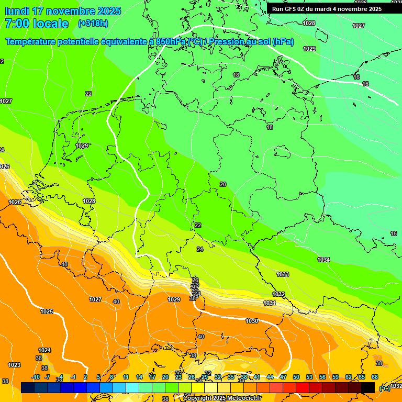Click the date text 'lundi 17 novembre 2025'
pyautogui.click(x=63, y=11)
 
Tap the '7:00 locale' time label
pyautogui.click(x=37, y=24)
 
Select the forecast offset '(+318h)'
pyautogui.click(x=93, y=24)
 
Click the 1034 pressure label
pyautogui.click(x=323, y=260)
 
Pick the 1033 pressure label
pyautogui.click(x=283, y=274)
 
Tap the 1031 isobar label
pyautogui.click(x=270, y=303)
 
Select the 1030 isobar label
pyautogui.click(x=252, y=321)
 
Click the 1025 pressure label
pyautogui.click(x=47, y=311)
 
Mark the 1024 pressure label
pyautogui.click(x=44, y=350)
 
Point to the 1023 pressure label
pyautogui.click(x=14, y=365)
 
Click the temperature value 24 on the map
pyautogui.click(x=200, y=249)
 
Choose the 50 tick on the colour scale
pyautogui.click(x=296, y=377)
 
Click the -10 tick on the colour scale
pyautogui.click(x=36, y=377)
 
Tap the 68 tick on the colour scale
pyautogui.click(x=375, y=377)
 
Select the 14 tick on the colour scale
pyautogui.click(x=139, y=377)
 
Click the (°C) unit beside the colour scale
pyautogui.click(x=384, y=388)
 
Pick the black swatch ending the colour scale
pyautogui.click(x=368, y=387)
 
